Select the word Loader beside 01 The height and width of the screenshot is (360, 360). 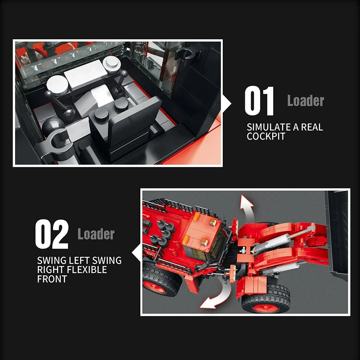(x=306, y=101)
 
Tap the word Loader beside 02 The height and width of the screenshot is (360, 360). (x=96, y=234)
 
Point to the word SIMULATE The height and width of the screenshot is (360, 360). (x=269, y=127)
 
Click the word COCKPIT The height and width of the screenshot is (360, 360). (x=266, y=136)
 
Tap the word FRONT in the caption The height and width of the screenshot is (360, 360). (x=52, y=279)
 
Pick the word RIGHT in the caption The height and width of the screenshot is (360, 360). (x=49, y=270)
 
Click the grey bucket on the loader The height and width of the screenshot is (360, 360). (x=337, y=234)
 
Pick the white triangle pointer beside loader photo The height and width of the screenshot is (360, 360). (x=135, y=252)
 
